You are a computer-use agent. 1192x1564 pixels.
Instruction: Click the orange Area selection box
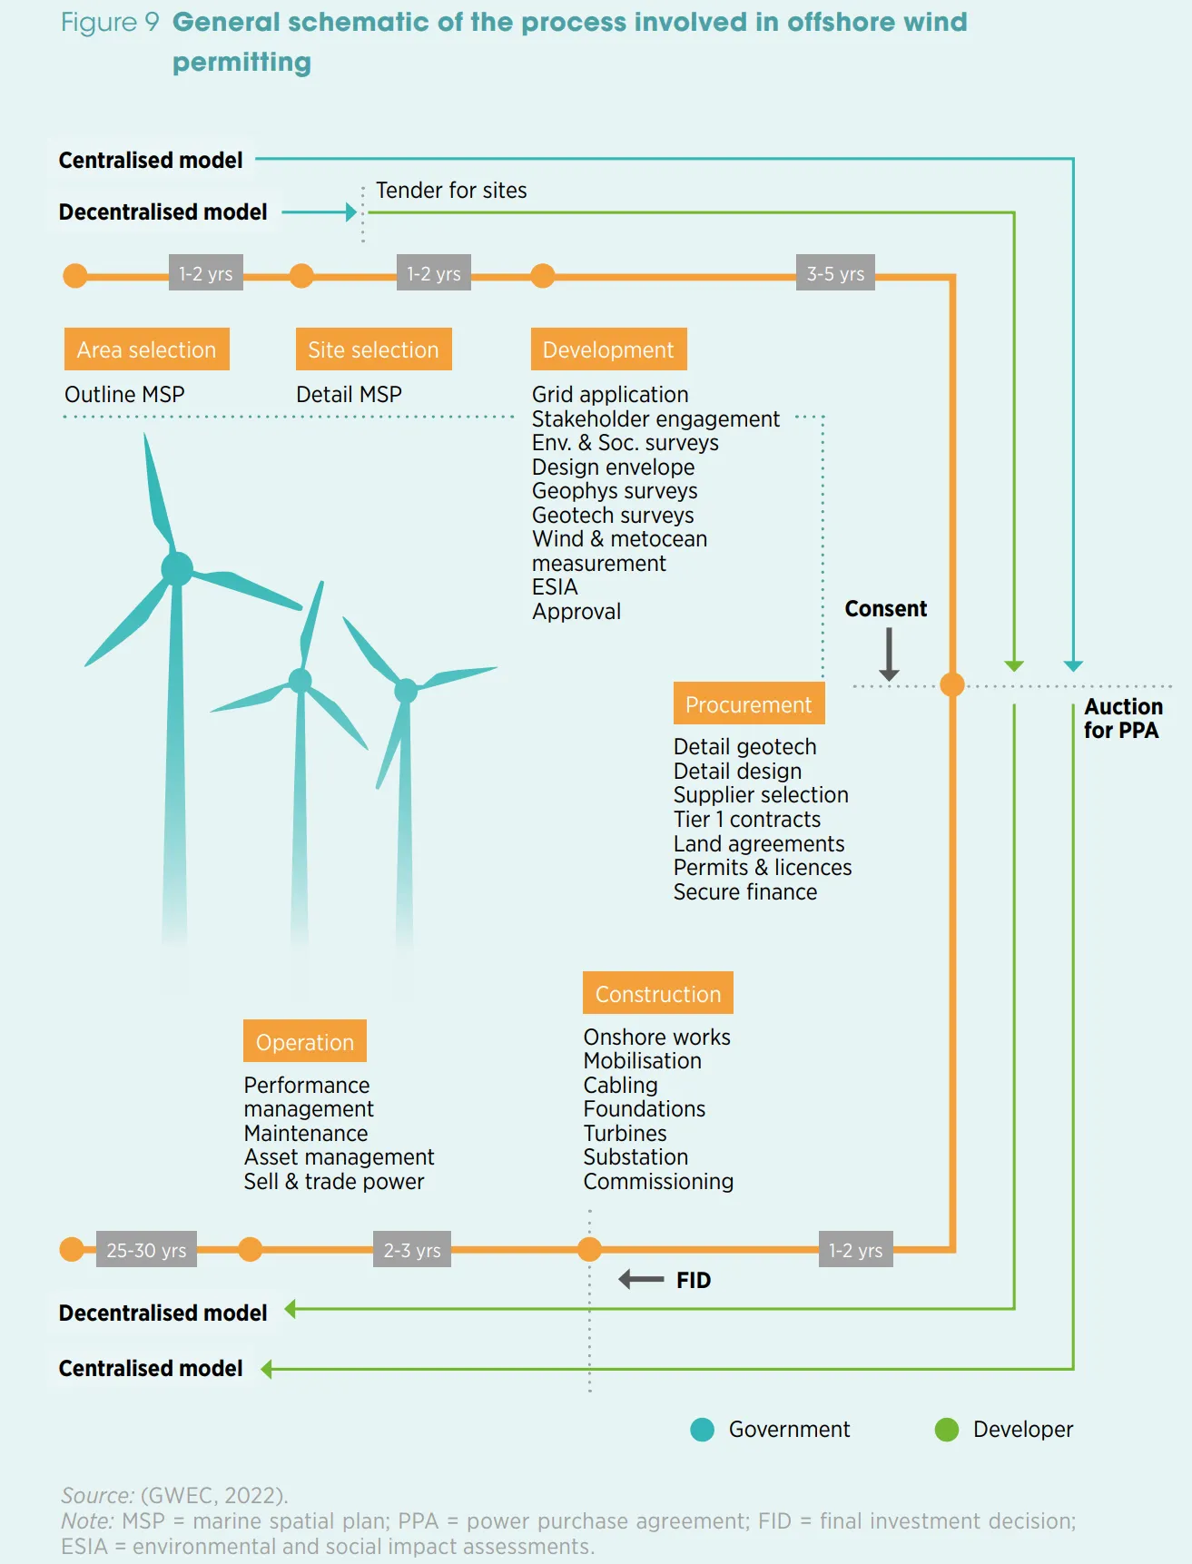coord(146,349)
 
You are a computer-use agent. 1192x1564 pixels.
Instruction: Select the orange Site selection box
coord(373,349)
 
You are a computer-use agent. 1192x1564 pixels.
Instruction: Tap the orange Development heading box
coord(608,349)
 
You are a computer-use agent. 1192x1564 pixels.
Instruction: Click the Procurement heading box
coord(748,704)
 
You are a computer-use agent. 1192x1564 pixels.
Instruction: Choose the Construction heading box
coord(657,994)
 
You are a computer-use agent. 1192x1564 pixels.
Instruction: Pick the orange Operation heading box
coord(304,1042)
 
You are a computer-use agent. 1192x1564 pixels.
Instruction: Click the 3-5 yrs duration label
coord(835,273)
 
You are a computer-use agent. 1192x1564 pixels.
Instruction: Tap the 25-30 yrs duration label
coord(146,1250)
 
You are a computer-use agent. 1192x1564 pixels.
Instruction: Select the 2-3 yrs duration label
coord(412,1250)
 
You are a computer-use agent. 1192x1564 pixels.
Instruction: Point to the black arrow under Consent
coord(889,654)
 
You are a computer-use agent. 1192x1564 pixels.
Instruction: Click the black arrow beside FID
coord(641,1280)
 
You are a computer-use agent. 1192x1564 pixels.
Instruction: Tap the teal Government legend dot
coord(702,1430)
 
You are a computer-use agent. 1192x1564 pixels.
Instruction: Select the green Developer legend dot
coord(947,1430)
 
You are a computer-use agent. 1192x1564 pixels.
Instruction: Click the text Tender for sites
coord(451,191)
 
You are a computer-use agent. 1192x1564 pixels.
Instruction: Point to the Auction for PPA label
coord(1122,718)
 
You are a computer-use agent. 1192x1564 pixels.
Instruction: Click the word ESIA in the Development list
coord(555,587)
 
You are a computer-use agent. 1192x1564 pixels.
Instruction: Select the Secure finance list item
coord(744,892)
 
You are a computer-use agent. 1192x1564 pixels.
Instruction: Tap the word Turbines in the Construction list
coord(625,1134)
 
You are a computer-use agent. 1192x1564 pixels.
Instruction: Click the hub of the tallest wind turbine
coord(177,569)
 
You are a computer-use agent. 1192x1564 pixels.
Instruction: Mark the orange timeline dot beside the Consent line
coord(951,684)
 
